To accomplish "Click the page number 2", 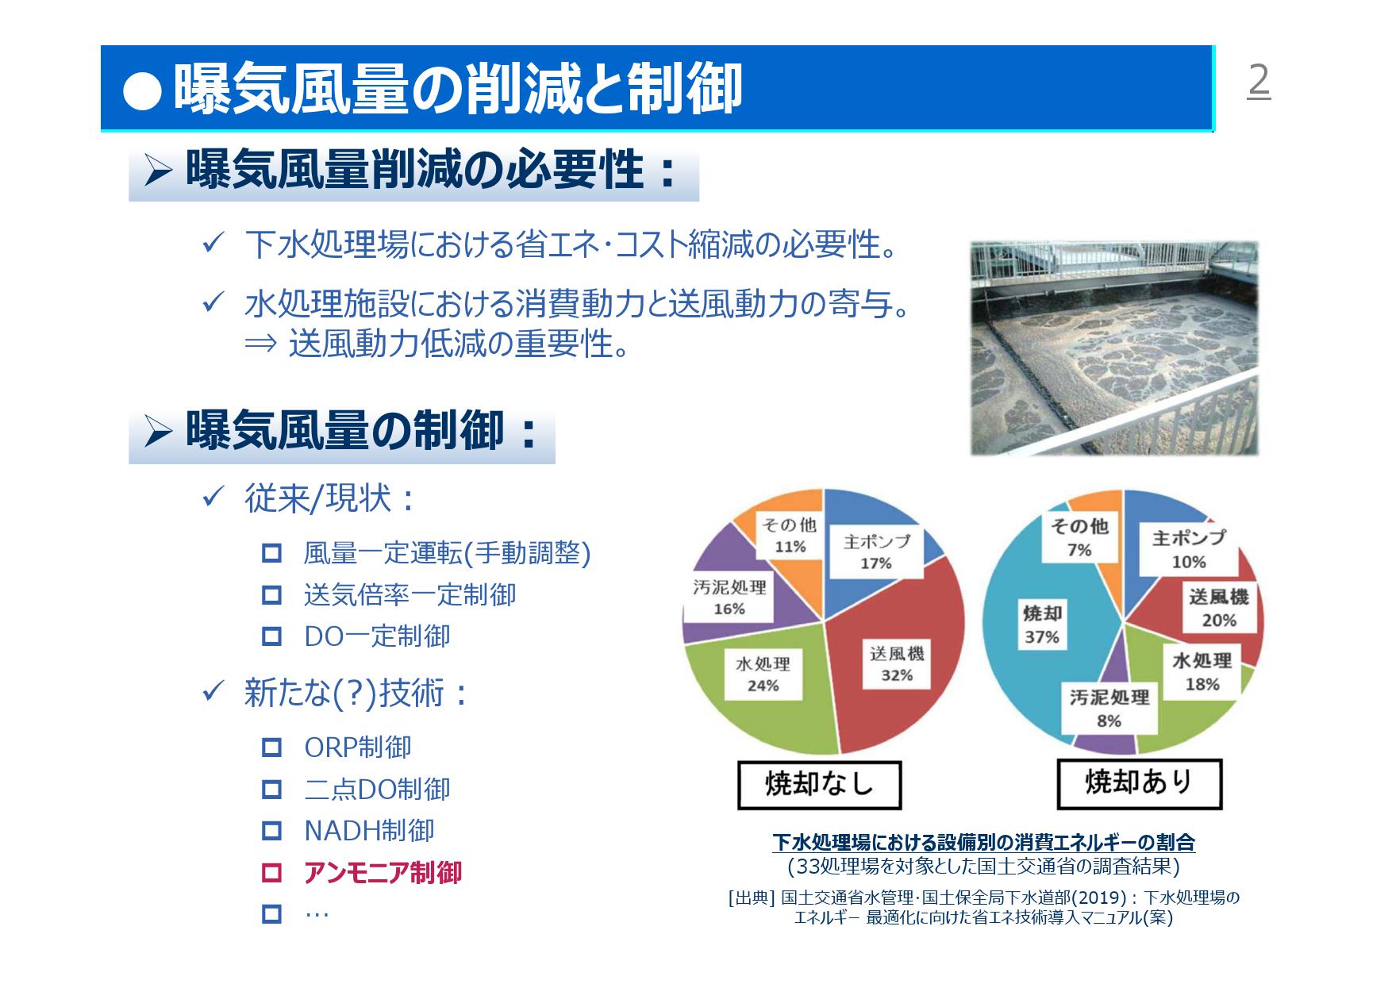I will (x=1259, y=80).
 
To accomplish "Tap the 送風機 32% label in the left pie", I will (x=897, y=664).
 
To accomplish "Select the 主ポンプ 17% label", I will (x=876, y=552).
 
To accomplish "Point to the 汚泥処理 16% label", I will (x=729, y=598).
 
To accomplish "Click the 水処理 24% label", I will (x=763, y=674).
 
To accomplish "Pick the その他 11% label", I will (x=790, y=536).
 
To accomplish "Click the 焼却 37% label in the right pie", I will (x=1042, y=625).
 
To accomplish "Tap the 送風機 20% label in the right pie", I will (x=1219, y=608).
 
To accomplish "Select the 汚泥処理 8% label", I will (x=1109, y=709).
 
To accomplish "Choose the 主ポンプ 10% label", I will (x=1188, y=549).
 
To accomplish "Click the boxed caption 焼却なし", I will (x=819, y=785).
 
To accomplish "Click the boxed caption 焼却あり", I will (x=1139, y=783).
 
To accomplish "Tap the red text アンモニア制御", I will (x=383, y=873).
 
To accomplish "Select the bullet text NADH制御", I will (x=369, y=831).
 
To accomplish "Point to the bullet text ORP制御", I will (x=358, y=748).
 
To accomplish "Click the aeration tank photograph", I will (x=1113, y=348).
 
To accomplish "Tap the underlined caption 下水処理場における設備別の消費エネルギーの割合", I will (x=983, y=842).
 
